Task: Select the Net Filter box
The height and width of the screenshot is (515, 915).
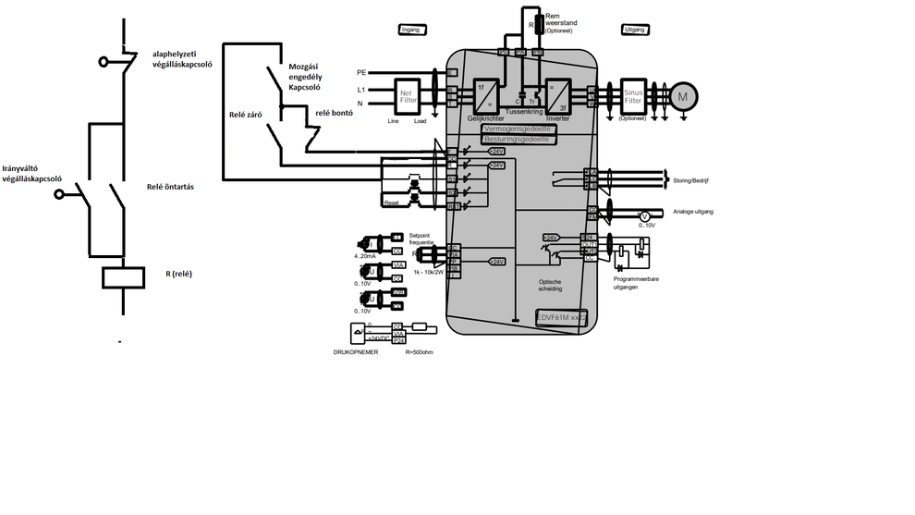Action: [x=406, y=95]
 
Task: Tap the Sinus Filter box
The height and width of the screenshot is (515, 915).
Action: [x=633, y=94]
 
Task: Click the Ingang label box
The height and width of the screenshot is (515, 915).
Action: [x=410, y=30]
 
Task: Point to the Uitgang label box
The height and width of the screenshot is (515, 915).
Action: [x=635, y=30]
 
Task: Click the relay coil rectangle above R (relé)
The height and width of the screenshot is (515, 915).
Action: [x=122, y=276]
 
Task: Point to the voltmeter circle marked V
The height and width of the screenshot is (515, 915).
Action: [x=646, y=215]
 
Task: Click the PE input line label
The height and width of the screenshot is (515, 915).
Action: [x=361, y=72]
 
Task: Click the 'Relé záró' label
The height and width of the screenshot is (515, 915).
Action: [x=248, y=116]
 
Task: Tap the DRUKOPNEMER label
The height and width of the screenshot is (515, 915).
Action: [x=356, y=353]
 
